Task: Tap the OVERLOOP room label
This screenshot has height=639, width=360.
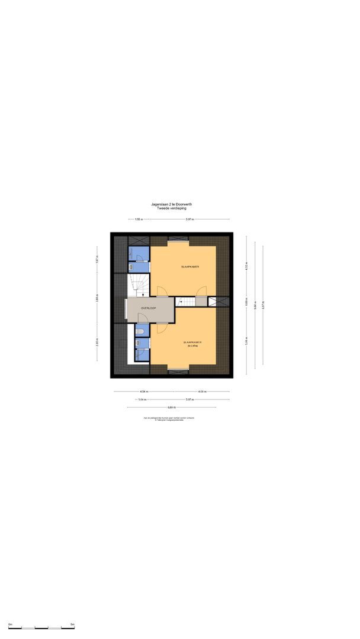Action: [147, 308]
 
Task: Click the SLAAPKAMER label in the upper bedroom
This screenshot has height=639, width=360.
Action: [189, 267]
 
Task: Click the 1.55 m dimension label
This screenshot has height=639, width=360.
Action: [139, 220]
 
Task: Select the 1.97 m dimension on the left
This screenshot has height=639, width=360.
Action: [97, 259]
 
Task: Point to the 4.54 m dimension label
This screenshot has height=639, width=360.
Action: [144, 392]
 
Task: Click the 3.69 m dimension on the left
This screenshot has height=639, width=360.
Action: [97, 299]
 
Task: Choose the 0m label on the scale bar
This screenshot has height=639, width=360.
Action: [10, 624]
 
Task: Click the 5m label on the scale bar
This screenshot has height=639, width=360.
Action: [72, 624]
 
